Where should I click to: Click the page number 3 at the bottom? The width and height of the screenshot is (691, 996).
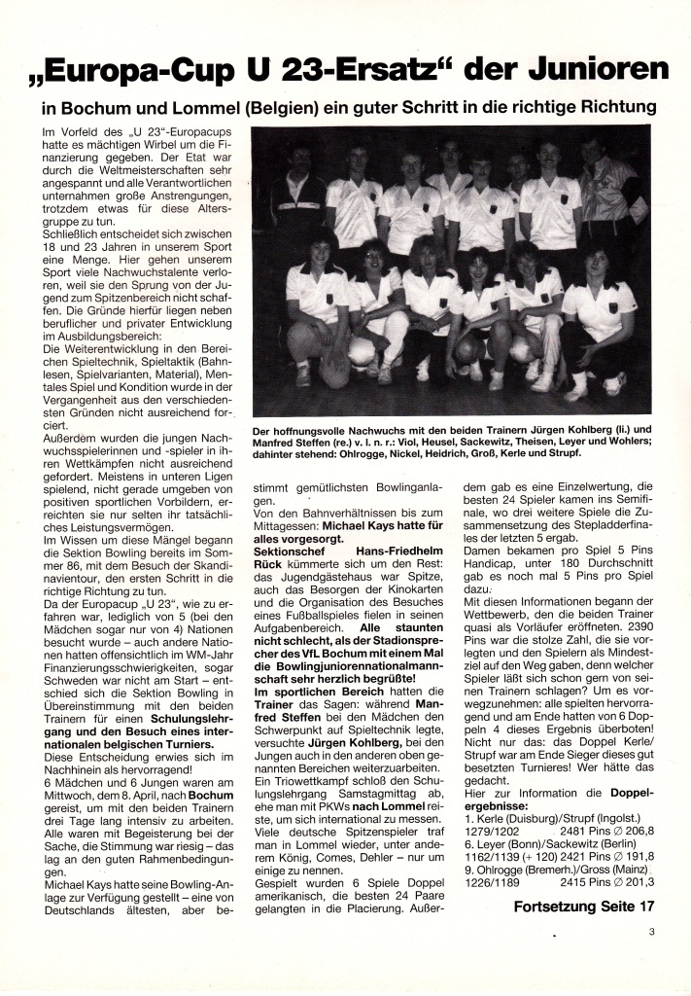tap(653, 931)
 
